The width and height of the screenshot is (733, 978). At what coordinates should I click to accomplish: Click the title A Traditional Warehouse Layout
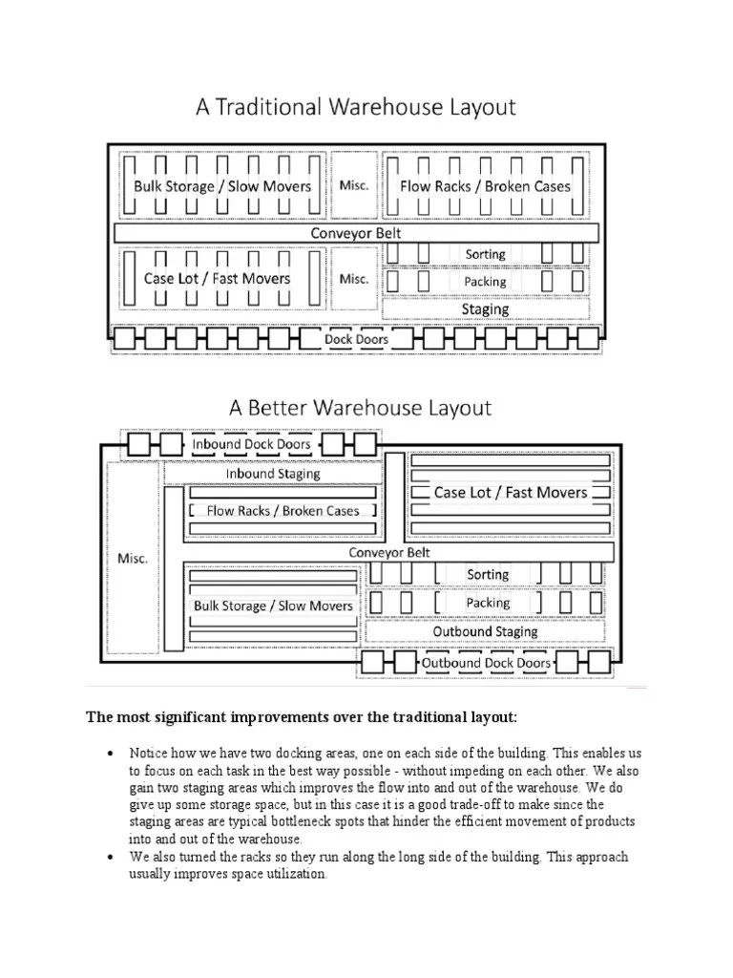click(355, 107)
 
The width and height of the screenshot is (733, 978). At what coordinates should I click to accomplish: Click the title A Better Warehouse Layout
click(360, 409)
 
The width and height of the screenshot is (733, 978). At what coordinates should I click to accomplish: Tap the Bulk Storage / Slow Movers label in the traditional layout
click(222, 186)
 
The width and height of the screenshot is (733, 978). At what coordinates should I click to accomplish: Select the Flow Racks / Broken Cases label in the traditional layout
click(485, 186)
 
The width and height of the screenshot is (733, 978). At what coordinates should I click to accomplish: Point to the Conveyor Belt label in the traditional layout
click(356, 233)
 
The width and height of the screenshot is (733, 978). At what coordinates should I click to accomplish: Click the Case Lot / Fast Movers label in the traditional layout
click(217, 279)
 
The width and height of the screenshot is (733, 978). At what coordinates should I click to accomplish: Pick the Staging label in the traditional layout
click(485, 309)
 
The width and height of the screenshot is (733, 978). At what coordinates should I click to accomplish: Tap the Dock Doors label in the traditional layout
click(356, 339)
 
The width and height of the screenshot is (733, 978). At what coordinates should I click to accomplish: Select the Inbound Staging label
click(273, 474)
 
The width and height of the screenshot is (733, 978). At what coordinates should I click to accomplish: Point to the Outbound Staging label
click(485, 631)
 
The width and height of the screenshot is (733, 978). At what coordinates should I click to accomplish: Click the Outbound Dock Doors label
click(486, 663)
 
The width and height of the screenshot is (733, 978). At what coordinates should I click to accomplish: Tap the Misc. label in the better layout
click(132, 558)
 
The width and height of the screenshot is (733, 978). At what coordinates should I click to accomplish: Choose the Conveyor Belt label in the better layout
click(389, 552)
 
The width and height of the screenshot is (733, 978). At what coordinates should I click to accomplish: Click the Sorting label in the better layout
click(487, 574)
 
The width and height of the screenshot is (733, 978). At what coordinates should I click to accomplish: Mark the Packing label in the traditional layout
click(485, 282)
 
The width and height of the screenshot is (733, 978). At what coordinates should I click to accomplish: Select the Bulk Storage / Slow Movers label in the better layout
click(273, 606)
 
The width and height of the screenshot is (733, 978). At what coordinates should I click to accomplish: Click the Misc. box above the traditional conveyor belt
click(354, 185)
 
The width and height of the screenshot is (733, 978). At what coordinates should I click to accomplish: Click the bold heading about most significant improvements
click(302, 716)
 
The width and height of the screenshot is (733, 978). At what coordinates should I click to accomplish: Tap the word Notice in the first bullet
click(148, 754)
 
